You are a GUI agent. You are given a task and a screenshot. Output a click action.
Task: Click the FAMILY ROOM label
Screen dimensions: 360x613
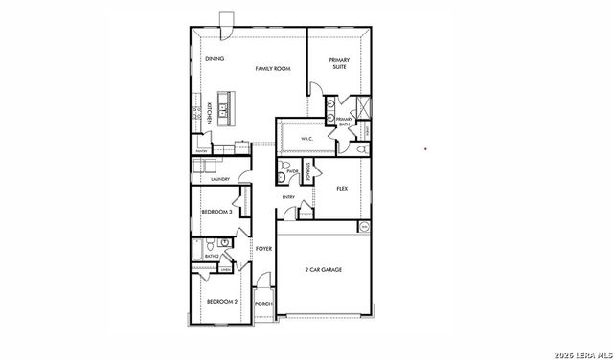coord(272,69)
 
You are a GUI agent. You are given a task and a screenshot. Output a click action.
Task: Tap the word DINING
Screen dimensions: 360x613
coord(215,60)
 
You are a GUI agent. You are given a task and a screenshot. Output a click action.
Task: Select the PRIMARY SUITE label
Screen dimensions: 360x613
coord(339,62)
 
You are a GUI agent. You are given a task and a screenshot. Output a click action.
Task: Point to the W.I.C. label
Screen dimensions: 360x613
coord(307,140)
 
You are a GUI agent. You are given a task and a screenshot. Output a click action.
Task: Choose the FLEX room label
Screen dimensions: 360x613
coord(342,189)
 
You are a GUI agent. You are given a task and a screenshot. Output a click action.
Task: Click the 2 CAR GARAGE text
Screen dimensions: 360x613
coord(323,269)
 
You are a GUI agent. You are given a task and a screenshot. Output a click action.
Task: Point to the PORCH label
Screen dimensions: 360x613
coord(263,304)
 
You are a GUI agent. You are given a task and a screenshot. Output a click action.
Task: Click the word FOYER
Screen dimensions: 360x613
coord(264,249)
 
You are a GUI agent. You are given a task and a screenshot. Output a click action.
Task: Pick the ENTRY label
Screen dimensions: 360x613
coord(287,198)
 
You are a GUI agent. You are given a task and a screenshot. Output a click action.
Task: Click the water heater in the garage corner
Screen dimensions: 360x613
coord(364,227)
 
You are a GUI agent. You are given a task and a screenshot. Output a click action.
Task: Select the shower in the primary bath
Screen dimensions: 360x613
coord(360,106)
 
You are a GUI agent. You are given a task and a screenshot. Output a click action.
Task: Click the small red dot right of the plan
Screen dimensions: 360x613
coord(424,149)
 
